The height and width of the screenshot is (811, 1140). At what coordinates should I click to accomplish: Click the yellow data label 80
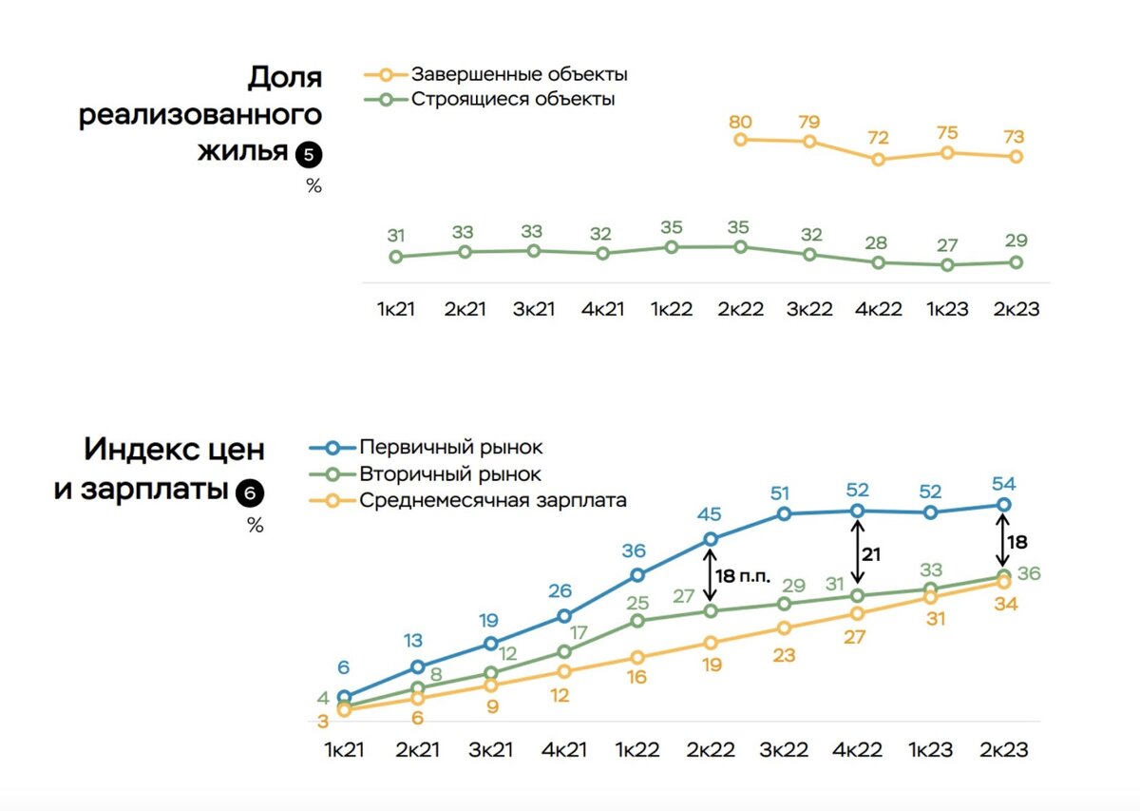(x=741, y=122)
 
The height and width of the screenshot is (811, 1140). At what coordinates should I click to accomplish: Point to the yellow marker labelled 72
(x=879, y=160)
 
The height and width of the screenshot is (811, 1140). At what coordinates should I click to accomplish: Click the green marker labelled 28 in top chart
(x=879, y=262)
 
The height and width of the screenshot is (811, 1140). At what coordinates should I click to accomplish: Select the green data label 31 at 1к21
(x=396, y=236)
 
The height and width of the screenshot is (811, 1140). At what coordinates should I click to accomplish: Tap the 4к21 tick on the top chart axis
(x=601, y=311)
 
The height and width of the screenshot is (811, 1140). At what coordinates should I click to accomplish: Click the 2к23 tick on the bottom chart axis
(x=1003, y=750)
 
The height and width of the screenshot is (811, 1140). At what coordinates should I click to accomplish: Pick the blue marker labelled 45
(x=710, y=539)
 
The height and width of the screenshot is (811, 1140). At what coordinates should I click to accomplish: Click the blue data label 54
(x=1003, y=484)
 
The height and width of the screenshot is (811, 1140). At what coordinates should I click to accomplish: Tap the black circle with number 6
(x=251, y=492)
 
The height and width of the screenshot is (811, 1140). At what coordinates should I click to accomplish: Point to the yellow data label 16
(x=636, y=677)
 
